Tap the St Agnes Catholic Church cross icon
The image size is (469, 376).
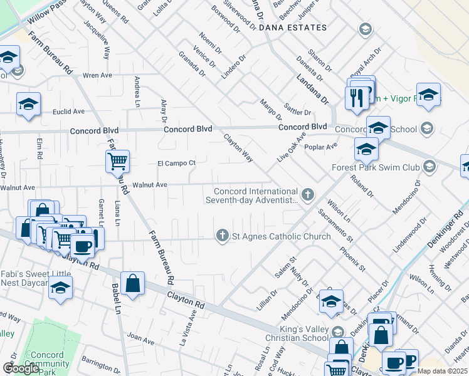click(x=221, y=236)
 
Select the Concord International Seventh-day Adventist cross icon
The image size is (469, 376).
click(x=307, y=195)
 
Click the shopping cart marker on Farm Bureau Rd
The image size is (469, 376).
click(x=118, y=162)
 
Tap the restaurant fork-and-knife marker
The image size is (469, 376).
click(x=356, y=98)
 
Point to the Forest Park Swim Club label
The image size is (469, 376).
click(x=376, y=167)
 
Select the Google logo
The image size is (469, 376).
click(x=21, y=368)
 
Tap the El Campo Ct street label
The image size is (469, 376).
click(x=176, y=164)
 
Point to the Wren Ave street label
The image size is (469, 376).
click(x=97, y=75)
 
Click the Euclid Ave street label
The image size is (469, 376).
click(x=69, y=112)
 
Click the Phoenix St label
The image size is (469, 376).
click(x=353, y=258)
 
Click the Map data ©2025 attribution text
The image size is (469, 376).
click(x=443, y=371)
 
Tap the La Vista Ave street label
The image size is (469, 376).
click(x=184, y=331)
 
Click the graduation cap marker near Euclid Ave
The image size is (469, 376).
click(x=28, y=105)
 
